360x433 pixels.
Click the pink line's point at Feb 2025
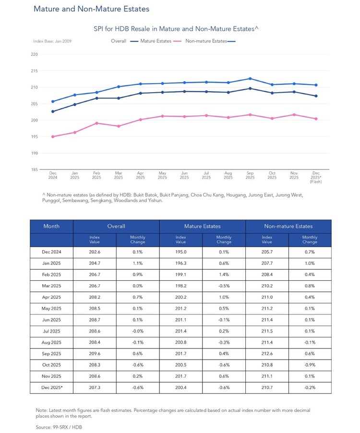(x=96, y=123)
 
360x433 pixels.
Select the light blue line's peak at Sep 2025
(x=250, y=79)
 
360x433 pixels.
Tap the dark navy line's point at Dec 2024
(x=53, y=111)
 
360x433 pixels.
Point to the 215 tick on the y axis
(x=34, y=71)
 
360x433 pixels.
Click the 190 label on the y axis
(x=34, y=153)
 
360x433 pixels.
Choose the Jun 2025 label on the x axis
(x=184, y=175)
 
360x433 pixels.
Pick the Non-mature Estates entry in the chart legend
(x=210, y=41)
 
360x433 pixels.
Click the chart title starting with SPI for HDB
(x=176, y=29)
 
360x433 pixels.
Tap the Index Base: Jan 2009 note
(x=52, y=41)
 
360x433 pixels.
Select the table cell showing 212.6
(x=267, y=354)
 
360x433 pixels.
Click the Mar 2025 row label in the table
(x=51, y=286)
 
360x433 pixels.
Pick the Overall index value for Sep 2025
(x=95, y=354)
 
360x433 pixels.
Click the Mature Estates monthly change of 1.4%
(x=224, y=275)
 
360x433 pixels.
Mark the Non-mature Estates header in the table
(x=288, y=227)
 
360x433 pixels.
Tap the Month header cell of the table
(x=51, y=227)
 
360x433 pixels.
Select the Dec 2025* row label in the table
(x=52, y=388)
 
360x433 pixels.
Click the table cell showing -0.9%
(x=310, y=365)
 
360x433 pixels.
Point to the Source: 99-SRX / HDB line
(x=59, y=427)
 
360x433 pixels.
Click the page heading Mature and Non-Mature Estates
(x=91, y=9)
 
